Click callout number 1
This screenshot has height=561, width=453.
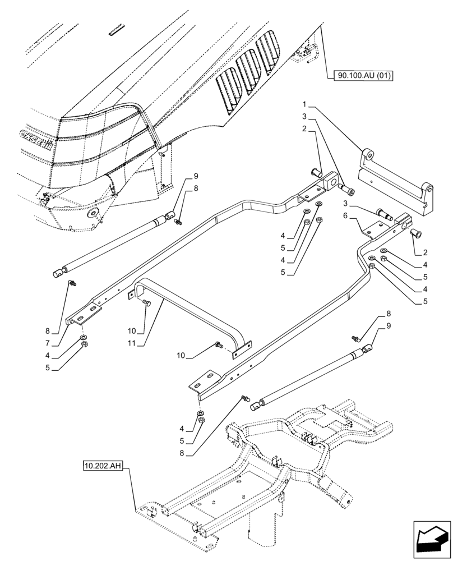305,105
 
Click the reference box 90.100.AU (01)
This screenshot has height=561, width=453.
364,75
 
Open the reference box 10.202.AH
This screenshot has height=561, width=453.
104,466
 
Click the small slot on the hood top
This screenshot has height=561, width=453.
117,29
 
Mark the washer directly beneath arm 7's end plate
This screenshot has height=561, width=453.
84,338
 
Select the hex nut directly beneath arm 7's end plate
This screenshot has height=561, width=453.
84,346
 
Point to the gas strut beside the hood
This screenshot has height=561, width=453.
112,244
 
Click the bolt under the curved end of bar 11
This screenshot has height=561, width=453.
147,303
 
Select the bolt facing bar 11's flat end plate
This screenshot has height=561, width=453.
218,345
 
